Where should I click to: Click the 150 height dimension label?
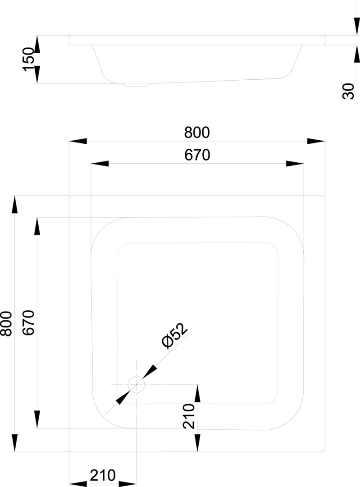tap(28, 60)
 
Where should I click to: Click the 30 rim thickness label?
tap(348, 91)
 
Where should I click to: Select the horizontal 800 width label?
tap(197, 132)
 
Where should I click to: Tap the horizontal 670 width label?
tap(197, 155)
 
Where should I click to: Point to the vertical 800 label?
tap(6, 324)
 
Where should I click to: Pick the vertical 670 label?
tap(28, 323)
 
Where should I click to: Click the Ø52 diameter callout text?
tap(175, 335)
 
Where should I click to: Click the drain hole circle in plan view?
tap(136, 384)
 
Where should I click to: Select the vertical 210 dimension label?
tap(189, 416)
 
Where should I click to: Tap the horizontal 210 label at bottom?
tap(103, 475)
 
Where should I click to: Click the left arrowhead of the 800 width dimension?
tap(78, 141)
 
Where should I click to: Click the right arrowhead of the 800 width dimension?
tap(316, 141)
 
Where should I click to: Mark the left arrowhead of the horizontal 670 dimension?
tap(100, 163)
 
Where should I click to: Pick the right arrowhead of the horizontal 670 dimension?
tap(295, 163)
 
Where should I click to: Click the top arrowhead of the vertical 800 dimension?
tap(14, 205)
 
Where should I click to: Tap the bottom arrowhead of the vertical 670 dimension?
tap(37, 419)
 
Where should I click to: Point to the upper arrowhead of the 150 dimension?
tap(37, 44)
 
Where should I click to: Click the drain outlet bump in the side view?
tap(136, 85)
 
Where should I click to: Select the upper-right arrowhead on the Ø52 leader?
tap(150, 371)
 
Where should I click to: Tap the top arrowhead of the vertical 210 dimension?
tap(197, 393)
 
